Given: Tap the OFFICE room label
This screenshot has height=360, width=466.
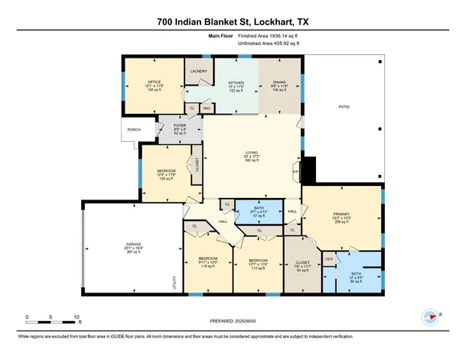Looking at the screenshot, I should (154, 82).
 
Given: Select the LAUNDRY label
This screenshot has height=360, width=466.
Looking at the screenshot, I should (198, 71).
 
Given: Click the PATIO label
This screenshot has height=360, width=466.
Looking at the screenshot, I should (342, 106).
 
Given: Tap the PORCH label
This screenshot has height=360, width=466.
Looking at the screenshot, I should (134, 130).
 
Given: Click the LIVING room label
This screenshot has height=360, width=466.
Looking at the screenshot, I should (251, 152).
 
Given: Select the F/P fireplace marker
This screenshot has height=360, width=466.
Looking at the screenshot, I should (295, 172).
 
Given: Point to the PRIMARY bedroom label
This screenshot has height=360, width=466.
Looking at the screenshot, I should (341, 214).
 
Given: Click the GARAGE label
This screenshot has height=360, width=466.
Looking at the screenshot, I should (134, 245).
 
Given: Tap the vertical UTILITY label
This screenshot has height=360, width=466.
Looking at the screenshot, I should (173, 283).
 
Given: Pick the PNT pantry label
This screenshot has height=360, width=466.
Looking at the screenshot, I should (206, 109).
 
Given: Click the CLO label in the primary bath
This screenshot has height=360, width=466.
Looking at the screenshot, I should (329, 259).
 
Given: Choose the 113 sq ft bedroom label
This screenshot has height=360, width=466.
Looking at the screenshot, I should (257, 261).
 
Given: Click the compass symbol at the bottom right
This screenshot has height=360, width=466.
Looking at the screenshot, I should (431, 316).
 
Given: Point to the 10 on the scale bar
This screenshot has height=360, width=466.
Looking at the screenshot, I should (76, 316).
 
